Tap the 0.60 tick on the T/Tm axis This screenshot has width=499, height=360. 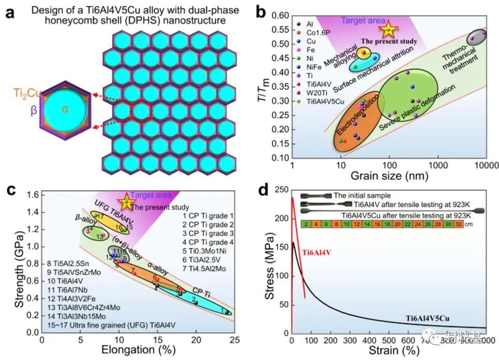tap(281, 16)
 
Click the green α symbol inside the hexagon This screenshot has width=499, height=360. tap(65, 109)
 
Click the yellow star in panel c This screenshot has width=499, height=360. tap(125, 202)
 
